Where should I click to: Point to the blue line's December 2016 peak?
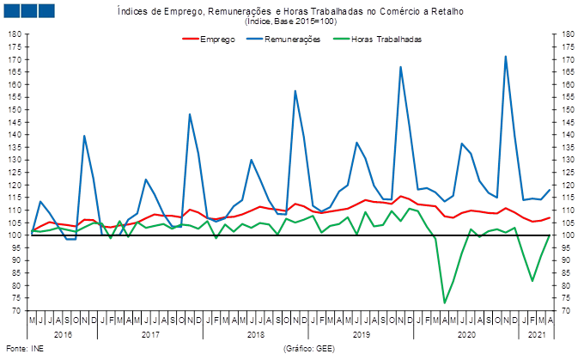click(x=84, y=136)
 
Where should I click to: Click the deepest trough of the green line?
click(x=444, y=302)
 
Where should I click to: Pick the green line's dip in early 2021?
click(x=532, y=281)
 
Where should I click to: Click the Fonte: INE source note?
click(x=17, y=348)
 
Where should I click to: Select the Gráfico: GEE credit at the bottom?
click(x=307, y=348)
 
